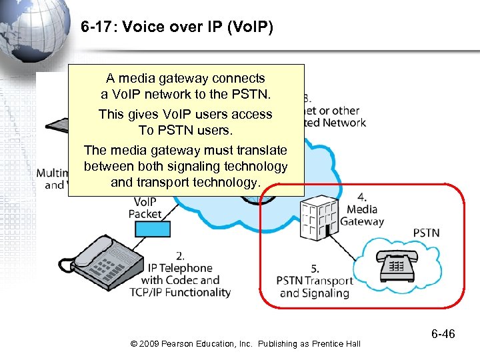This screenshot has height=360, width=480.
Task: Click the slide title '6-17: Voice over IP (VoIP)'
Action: pos(177,28)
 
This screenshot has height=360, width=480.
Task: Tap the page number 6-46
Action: pos(441,333)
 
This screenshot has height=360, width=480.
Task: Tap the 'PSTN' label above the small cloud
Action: pos(427,233)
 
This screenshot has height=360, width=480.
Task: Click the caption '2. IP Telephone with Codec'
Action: pos(180,273)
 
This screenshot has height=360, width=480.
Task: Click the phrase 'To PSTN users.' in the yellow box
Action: pos(185,130)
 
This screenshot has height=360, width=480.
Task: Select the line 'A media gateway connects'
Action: pos(185,78)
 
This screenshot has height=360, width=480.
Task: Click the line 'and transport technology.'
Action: pos(185,182)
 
